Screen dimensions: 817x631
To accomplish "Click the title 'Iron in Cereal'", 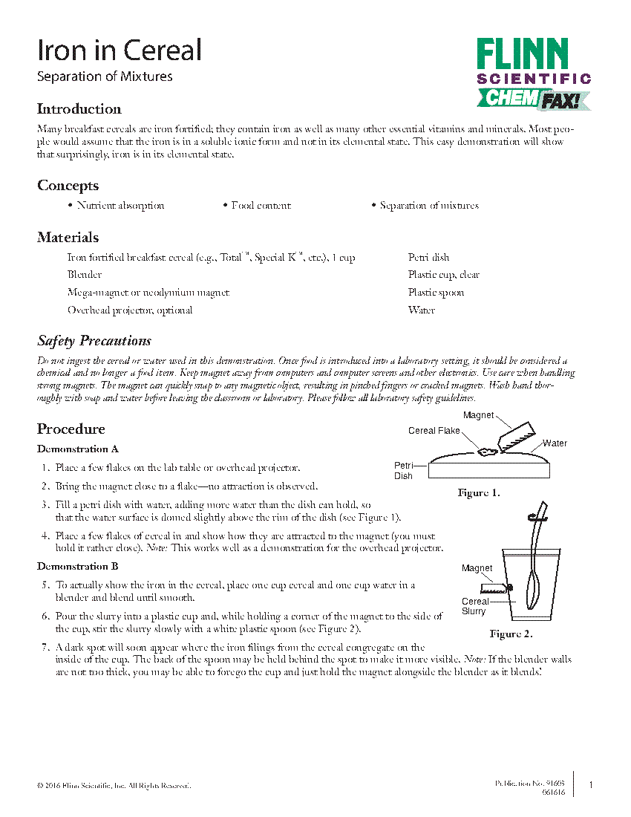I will click(x=120, y=51).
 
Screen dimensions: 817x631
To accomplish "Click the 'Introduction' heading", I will click(x=79, y=109).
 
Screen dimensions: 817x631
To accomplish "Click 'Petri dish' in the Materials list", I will click(x=428, y=257).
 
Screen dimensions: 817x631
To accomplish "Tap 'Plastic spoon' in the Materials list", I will click(x=436, y=293).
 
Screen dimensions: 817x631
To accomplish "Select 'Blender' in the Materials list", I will click(x=85, y=275).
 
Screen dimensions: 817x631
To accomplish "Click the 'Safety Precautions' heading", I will click(x=94, y=341).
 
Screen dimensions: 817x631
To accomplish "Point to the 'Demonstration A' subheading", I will click(x=78, y=449).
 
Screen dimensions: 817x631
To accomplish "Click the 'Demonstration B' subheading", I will click(x=78, y=567).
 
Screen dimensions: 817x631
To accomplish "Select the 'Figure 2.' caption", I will click(x=511, y=634).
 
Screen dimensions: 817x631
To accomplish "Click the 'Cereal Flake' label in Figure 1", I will click(x=434, y=431).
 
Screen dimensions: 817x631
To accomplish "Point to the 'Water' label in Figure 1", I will click(x=555, y=443).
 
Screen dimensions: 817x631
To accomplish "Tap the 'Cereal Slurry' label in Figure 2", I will click(x=475, y=606).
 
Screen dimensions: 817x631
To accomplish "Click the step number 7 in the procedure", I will click(x=46, y=648).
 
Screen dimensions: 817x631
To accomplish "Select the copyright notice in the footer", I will click(x=114, y=786).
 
